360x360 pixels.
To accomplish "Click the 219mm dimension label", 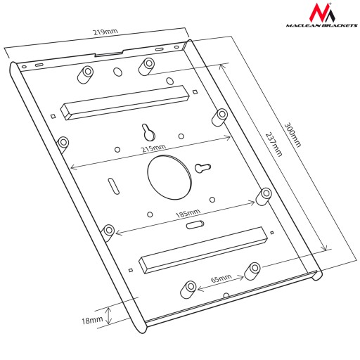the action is (105, 32).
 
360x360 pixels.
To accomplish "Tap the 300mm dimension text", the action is (292, 135).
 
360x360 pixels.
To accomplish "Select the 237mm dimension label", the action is (274, 144).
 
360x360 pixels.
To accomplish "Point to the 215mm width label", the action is (154, 148).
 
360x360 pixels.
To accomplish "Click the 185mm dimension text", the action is (188, 213).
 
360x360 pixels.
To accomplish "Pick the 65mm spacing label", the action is (221, 278).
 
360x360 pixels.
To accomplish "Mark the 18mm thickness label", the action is (92, 320).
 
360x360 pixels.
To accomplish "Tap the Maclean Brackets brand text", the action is (321, 25).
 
